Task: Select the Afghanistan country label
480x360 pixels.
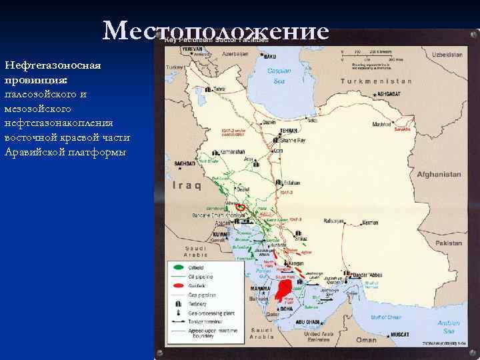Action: [x=439, y=174]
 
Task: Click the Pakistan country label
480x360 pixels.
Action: [x=448, y=243]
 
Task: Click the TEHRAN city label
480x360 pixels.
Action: [x=289, y=131]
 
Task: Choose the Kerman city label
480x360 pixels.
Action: [x=370, y=222]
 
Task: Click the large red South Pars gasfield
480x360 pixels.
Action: [x=283, y=290]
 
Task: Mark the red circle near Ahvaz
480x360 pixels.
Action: [x=241, y=207]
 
